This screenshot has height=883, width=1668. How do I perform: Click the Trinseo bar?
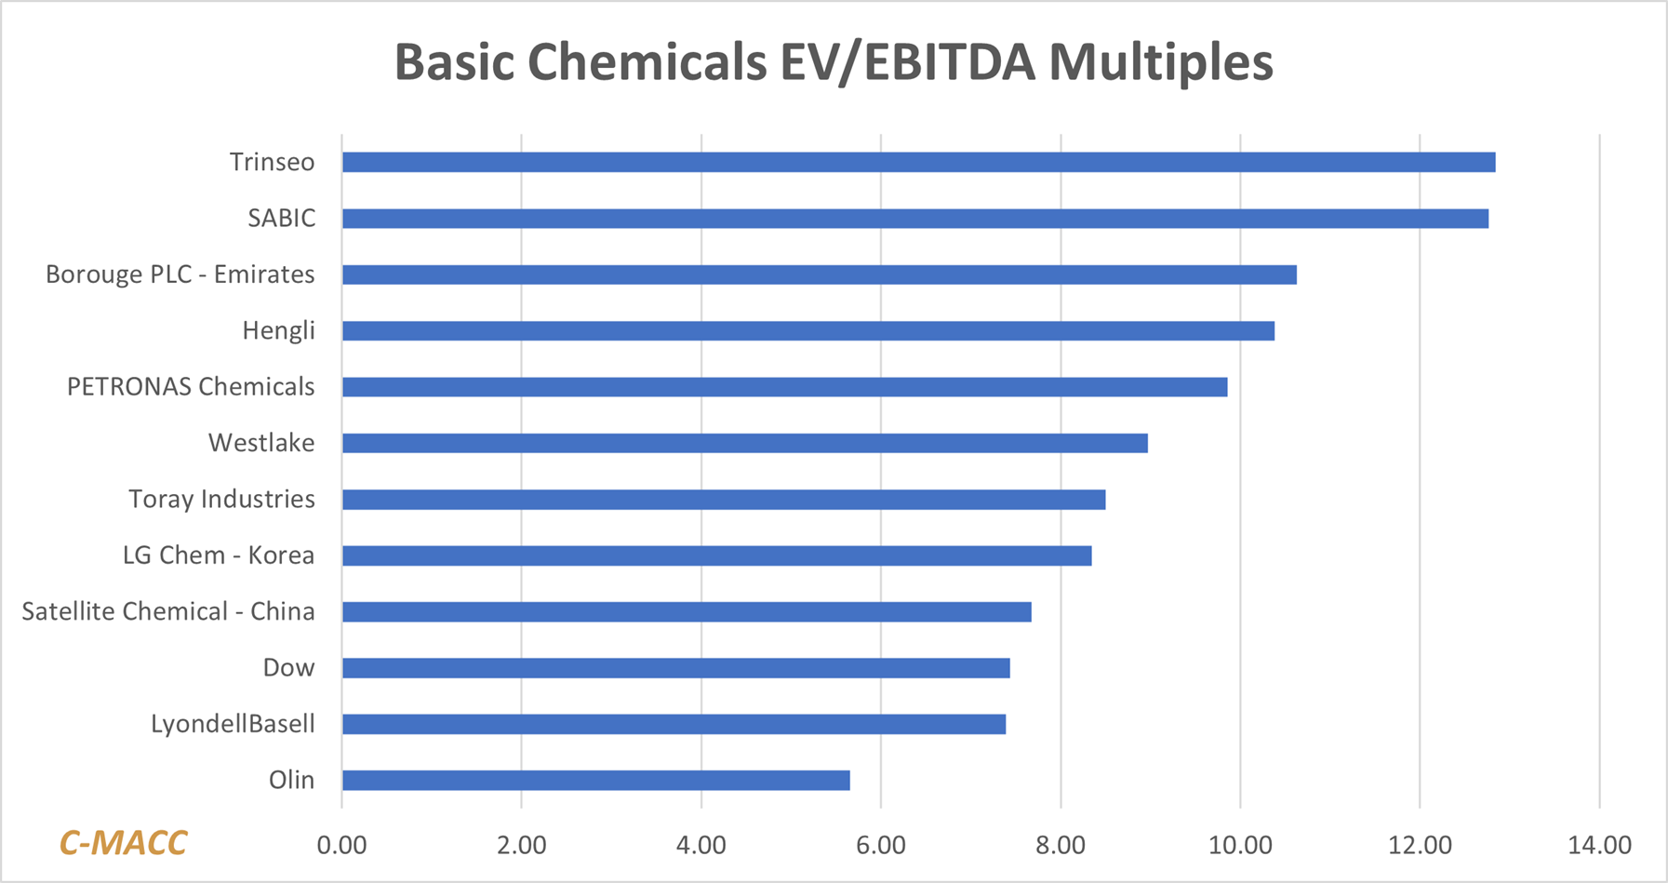[918, 162]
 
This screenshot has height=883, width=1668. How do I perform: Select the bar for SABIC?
[914, 219]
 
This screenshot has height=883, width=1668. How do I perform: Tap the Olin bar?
[595, 780]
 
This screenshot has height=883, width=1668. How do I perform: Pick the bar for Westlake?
[744, 443]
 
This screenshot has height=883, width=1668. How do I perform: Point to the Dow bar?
[675, 668]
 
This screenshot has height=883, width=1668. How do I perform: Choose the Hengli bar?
[807, 330]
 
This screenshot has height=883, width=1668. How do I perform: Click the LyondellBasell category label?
[233, 724]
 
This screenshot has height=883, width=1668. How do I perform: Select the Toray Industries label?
[221, 500]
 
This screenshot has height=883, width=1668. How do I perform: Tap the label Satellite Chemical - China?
[168, 611]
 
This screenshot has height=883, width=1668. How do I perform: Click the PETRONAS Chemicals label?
[191, 387]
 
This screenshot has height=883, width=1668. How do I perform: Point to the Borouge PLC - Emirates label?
[180, 274]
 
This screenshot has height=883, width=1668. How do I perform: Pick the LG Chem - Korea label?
[219, 555]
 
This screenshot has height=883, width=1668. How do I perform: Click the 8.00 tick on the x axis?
[1061, 845]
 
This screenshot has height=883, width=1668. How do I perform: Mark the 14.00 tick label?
[1599, 845]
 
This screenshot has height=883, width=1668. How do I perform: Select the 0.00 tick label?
[341, 845]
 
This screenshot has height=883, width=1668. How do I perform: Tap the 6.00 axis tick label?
[881, 845]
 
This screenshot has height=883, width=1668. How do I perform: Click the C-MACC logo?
[123, 843]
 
